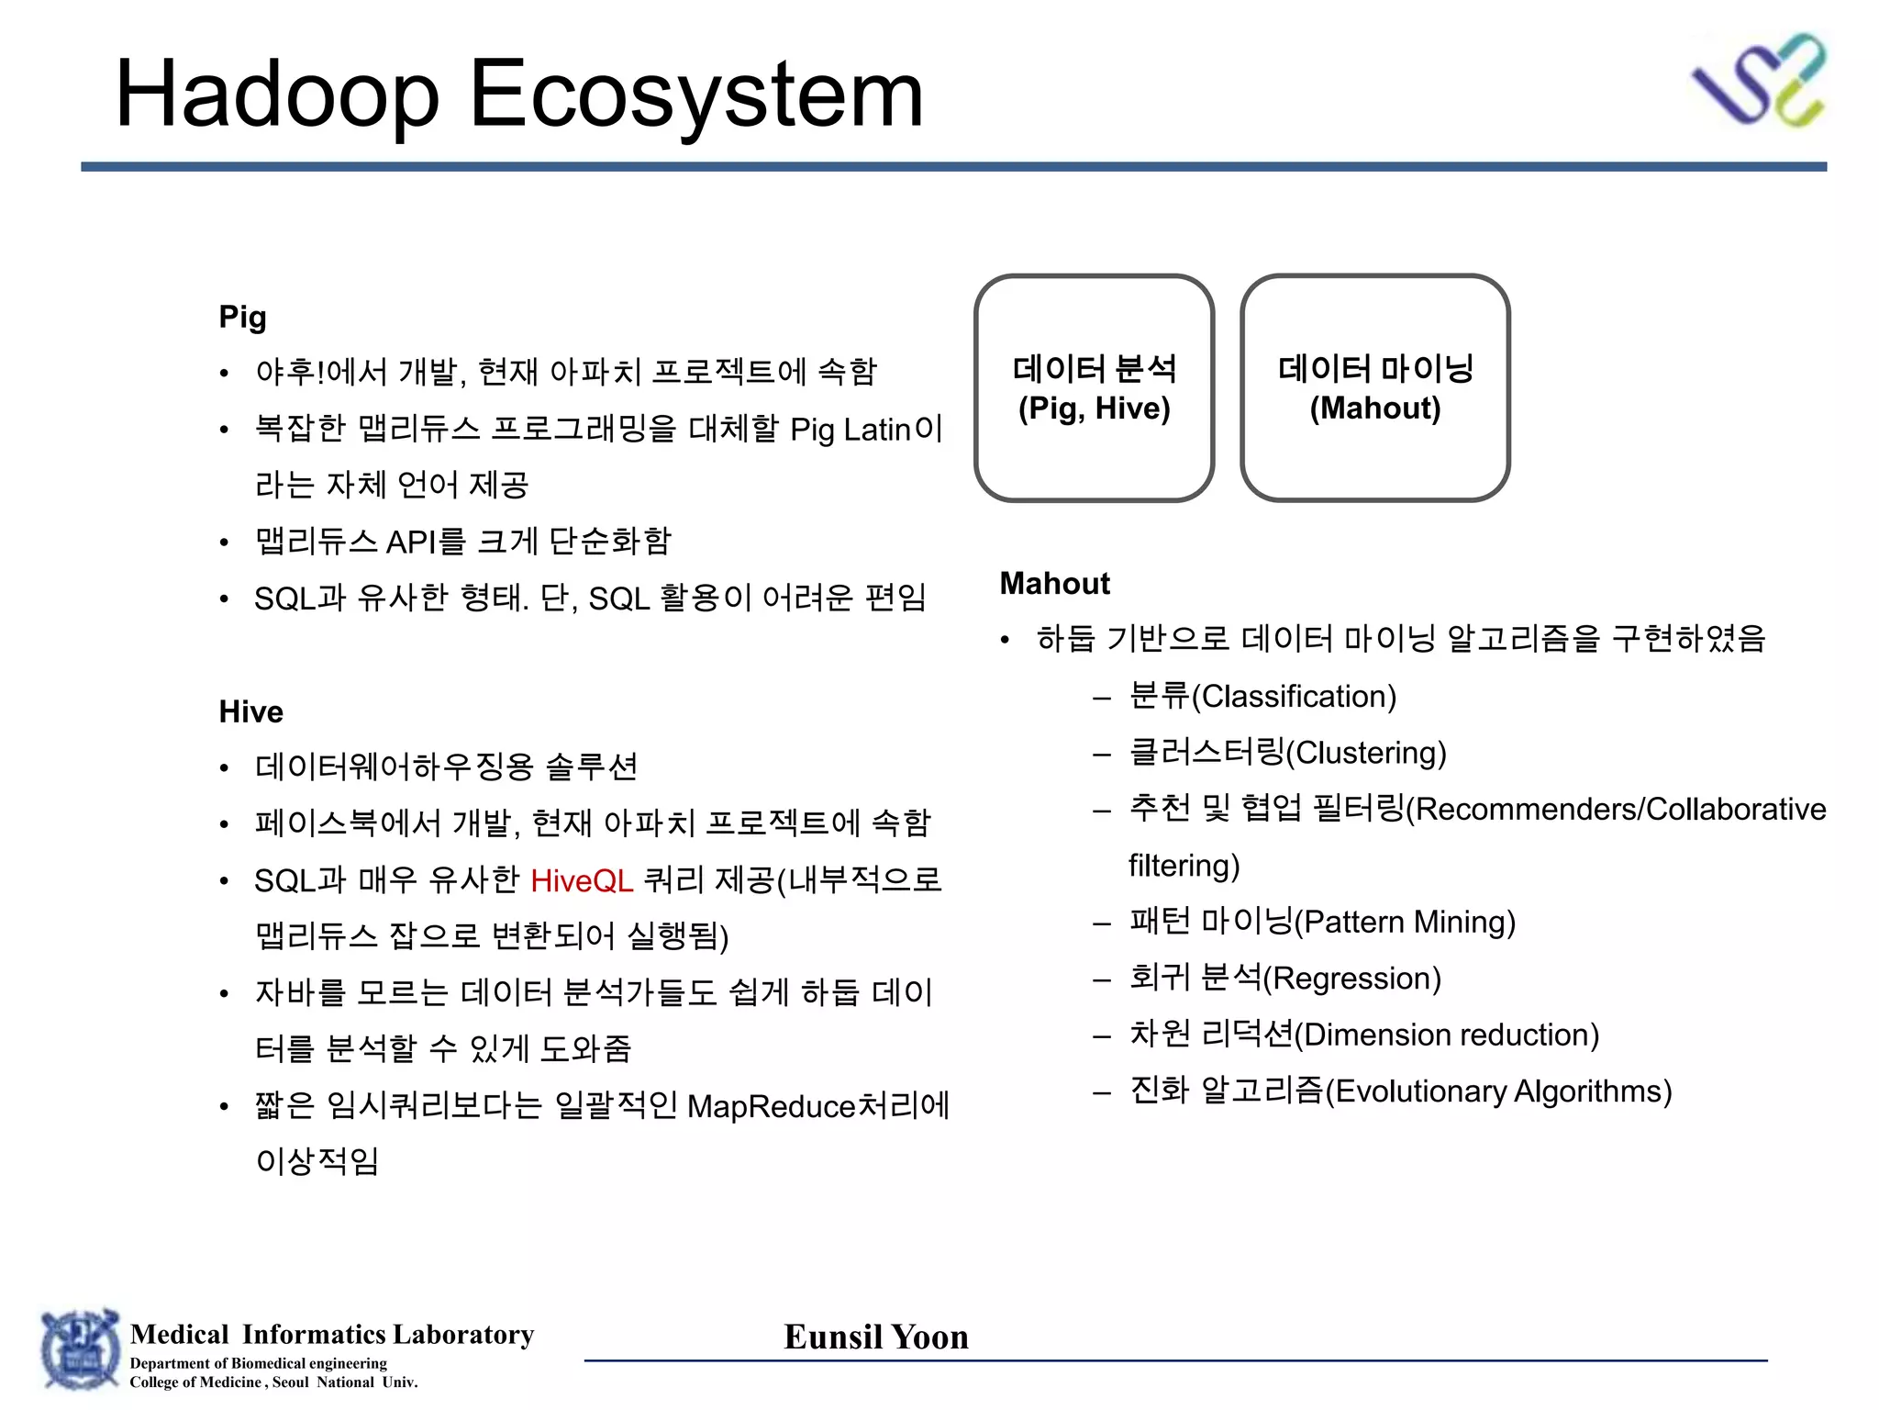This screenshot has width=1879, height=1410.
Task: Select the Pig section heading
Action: tap(242, 317)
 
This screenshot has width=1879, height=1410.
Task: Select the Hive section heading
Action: tap(250, 711)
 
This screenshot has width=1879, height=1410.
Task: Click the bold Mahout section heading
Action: tap(1054, 583)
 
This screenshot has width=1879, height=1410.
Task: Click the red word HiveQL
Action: tap(582, 880)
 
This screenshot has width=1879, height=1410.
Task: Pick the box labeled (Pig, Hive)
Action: tap(1094, 388)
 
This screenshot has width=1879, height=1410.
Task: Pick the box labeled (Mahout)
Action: tap(1374, 388)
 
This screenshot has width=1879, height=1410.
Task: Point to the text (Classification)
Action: tap(1294, 697)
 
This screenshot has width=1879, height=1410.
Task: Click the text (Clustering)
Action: tap(1366, 753)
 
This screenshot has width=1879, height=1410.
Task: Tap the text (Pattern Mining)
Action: tap(1405, 922)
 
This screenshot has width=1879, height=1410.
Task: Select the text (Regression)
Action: tap(1352, 979)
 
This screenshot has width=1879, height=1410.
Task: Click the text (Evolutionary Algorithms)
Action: tap(1499, 1091)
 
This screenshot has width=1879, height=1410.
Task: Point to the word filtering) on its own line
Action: tap(1184, 866)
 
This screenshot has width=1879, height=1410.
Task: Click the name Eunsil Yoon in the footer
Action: tap(876, 1337)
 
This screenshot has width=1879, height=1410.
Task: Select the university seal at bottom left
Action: tap(81, 1350)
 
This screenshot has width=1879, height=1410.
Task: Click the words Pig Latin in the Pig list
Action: tap(850, 430)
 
